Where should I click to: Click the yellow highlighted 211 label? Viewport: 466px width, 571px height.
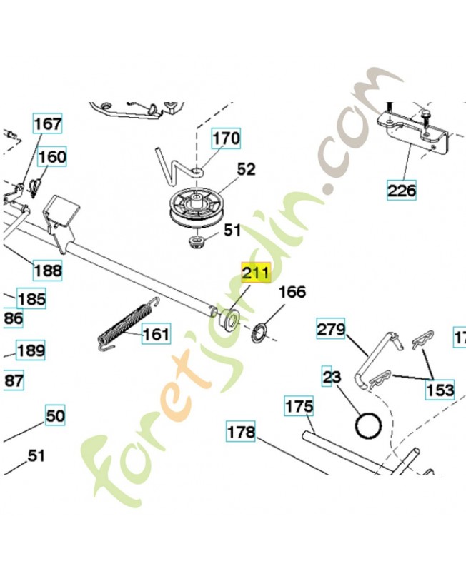(255, 273)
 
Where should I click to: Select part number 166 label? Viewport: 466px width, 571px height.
(292, 292)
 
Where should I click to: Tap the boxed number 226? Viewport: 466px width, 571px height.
(402, 191)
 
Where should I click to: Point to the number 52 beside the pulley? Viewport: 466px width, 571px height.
(246, 170)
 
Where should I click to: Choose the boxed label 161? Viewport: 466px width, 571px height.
(156, 333)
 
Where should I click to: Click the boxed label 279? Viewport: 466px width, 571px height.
(331, 330)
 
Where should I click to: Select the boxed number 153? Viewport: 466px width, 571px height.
(440, 389)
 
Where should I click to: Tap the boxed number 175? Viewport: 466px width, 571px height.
(299, 407)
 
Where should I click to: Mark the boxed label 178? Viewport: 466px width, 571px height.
(241, 432)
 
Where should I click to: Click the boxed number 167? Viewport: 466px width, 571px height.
(48, 124)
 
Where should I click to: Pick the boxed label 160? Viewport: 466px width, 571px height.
(52, 157)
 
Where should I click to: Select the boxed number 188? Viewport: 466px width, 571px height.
(47, 271)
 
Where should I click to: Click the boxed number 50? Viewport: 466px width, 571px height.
(55, 415)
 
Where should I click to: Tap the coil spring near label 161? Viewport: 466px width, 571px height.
(127, 323)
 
